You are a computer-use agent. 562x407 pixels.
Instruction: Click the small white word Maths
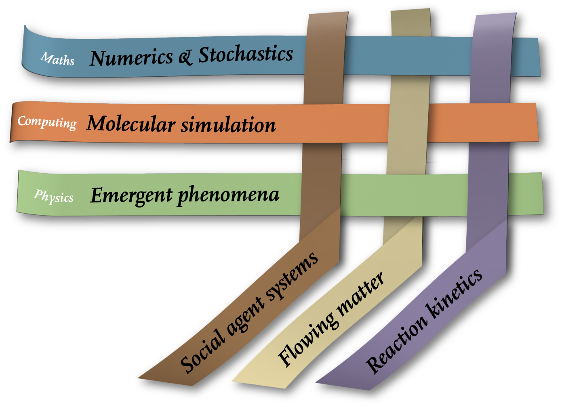tap(57, 59)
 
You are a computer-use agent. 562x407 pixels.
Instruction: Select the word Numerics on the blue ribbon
tap(131, 58)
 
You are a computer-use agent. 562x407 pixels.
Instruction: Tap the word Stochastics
tap(245, 55)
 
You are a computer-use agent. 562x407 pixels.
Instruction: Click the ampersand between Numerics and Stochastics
tap(185, 57)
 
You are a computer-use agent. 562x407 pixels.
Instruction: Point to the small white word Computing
tap(47, 122)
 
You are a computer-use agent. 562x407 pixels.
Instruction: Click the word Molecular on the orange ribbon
tap(131, 124)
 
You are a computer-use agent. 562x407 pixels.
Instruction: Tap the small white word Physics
tap(54, 196)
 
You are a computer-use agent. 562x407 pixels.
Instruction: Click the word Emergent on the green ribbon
tap(131, 195)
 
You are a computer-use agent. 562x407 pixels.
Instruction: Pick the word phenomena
tap(228, 195)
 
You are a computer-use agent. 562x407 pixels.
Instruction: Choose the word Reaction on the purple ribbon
tap(396, 344)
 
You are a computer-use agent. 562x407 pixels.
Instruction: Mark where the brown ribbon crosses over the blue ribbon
tap(325, 55)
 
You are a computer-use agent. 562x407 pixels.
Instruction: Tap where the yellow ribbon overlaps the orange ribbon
tap(408, 123)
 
